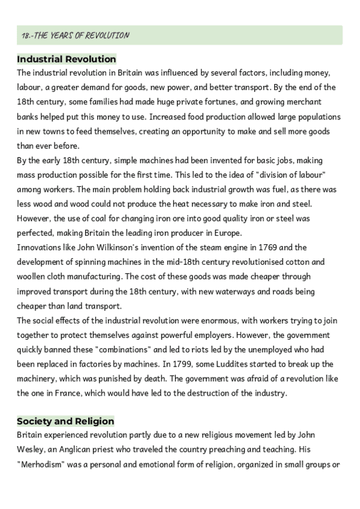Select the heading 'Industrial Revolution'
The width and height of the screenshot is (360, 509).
[x=67, y=59]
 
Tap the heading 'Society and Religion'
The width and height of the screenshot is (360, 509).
[x=65, y=421]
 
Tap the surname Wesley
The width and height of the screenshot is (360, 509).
[x=33, y=449]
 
